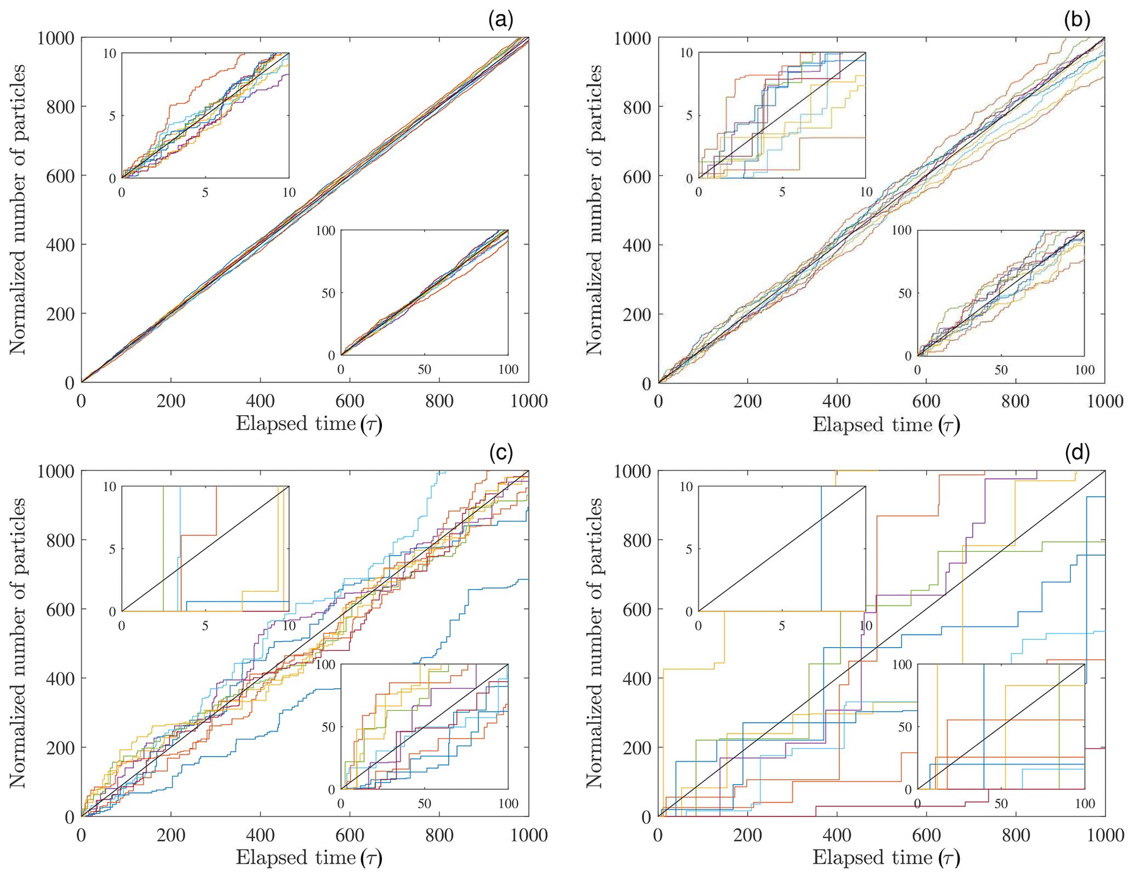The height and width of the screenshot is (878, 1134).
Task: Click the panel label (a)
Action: coord(500,21)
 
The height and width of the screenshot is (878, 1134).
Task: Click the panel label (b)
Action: coord(1076,21)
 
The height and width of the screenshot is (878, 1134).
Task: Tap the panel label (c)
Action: coord(500,453)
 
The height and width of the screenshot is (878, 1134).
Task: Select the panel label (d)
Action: coord(1076,453)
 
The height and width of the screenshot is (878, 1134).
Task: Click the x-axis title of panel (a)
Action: coord(308,424)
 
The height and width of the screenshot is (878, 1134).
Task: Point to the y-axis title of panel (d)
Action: coord(595,643)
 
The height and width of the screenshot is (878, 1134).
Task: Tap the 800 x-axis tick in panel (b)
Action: coord(1015,401)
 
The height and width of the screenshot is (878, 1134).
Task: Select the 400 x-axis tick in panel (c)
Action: coord(260,835)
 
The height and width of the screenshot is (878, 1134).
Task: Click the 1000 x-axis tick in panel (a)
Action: coord(528,401)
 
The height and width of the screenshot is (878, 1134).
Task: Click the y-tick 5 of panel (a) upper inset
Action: coord(112,116)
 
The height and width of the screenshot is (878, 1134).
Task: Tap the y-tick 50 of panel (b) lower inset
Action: coord(904,293)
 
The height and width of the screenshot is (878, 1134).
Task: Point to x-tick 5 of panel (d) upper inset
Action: coord(782,626)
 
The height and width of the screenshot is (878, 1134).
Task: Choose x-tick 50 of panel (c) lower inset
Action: coord(424,803)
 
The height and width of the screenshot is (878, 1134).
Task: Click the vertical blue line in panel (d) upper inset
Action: coord(821,548)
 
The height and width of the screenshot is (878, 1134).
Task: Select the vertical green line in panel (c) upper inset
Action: coord(163,548)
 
